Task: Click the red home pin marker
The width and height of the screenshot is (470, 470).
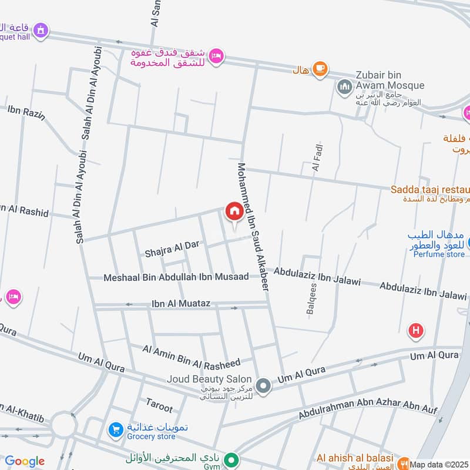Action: [x=234, y=212]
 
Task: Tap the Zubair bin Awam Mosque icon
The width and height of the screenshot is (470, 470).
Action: [x=344, y=88]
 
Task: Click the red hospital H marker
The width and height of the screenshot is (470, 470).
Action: [x=417, y=331]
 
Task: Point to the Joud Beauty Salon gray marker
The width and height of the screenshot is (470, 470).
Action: [x=264, y=386]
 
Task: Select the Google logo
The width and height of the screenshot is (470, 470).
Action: [x=25, y=461]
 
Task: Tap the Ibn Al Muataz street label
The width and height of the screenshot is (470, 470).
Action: [x=180, y=304]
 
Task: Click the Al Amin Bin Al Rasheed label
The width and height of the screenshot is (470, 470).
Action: [x=192, y=357]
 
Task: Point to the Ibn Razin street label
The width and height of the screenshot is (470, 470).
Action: [x=26, y=112]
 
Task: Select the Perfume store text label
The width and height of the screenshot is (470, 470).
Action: [x=439, y=254]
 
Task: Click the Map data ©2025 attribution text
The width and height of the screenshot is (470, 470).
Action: [x=439, y=464]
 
